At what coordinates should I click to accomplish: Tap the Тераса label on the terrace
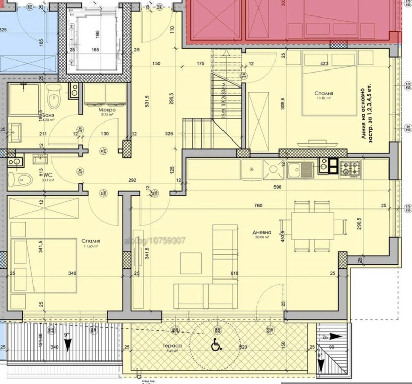pyautogui.click(x=172, y=346)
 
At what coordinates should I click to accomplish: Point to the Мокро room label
pyautogui.click(x=108, y=110)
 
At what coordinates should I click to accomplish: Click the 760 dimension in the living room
pyautogui.click(x=259, y=206)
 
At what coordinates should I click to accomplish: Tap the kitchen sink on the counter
pyautogui.click(x=297, y=167)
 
